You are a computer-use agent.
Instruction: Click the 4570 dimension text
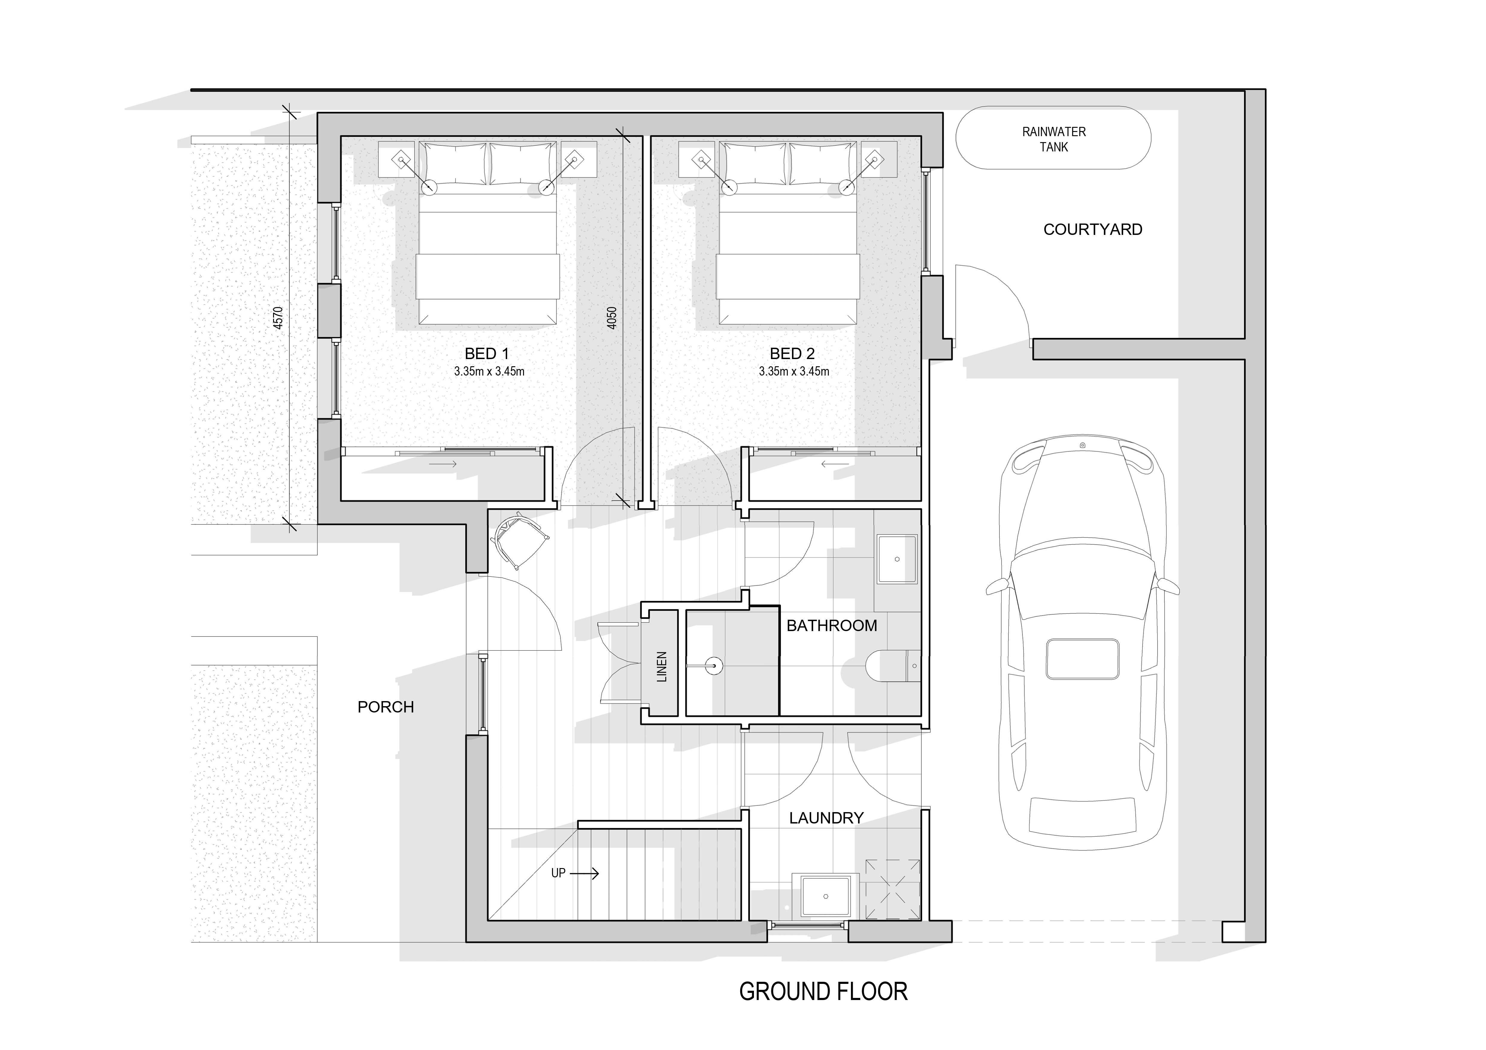[278, 318]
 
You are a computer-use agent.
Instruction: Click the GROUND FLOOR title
[823, 992]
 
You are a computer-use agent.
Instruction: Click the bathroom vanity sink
[897, 559]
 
